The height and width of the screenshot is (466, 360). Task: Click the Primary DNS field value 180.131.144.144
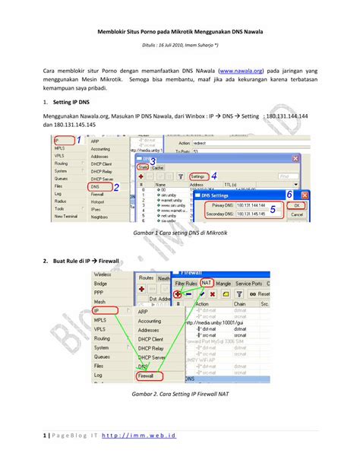click(x=251, y=205)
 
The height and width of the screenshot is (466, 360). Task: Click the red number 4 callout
click(x=215, y=176)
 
